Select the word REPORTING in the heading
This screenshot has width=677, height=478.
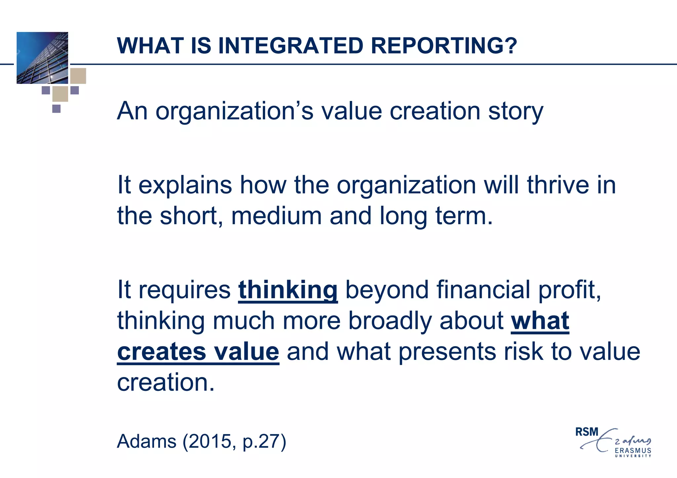click(435, 46)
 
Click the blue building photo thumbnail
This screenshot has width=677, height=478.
click(42, 58)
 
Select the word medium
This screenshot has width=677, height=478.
click(276, 216)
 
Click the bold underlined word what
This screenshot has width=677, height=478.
click(540, 321)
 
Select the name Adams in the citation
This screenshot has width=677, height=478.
click(147, 441)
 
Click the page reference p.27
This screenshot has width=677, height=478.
click(261, 441)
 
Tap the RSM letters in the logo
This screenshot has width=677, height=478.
click(587, 432)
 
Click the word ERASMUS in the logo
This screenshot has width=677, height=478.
click(633, 451)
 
